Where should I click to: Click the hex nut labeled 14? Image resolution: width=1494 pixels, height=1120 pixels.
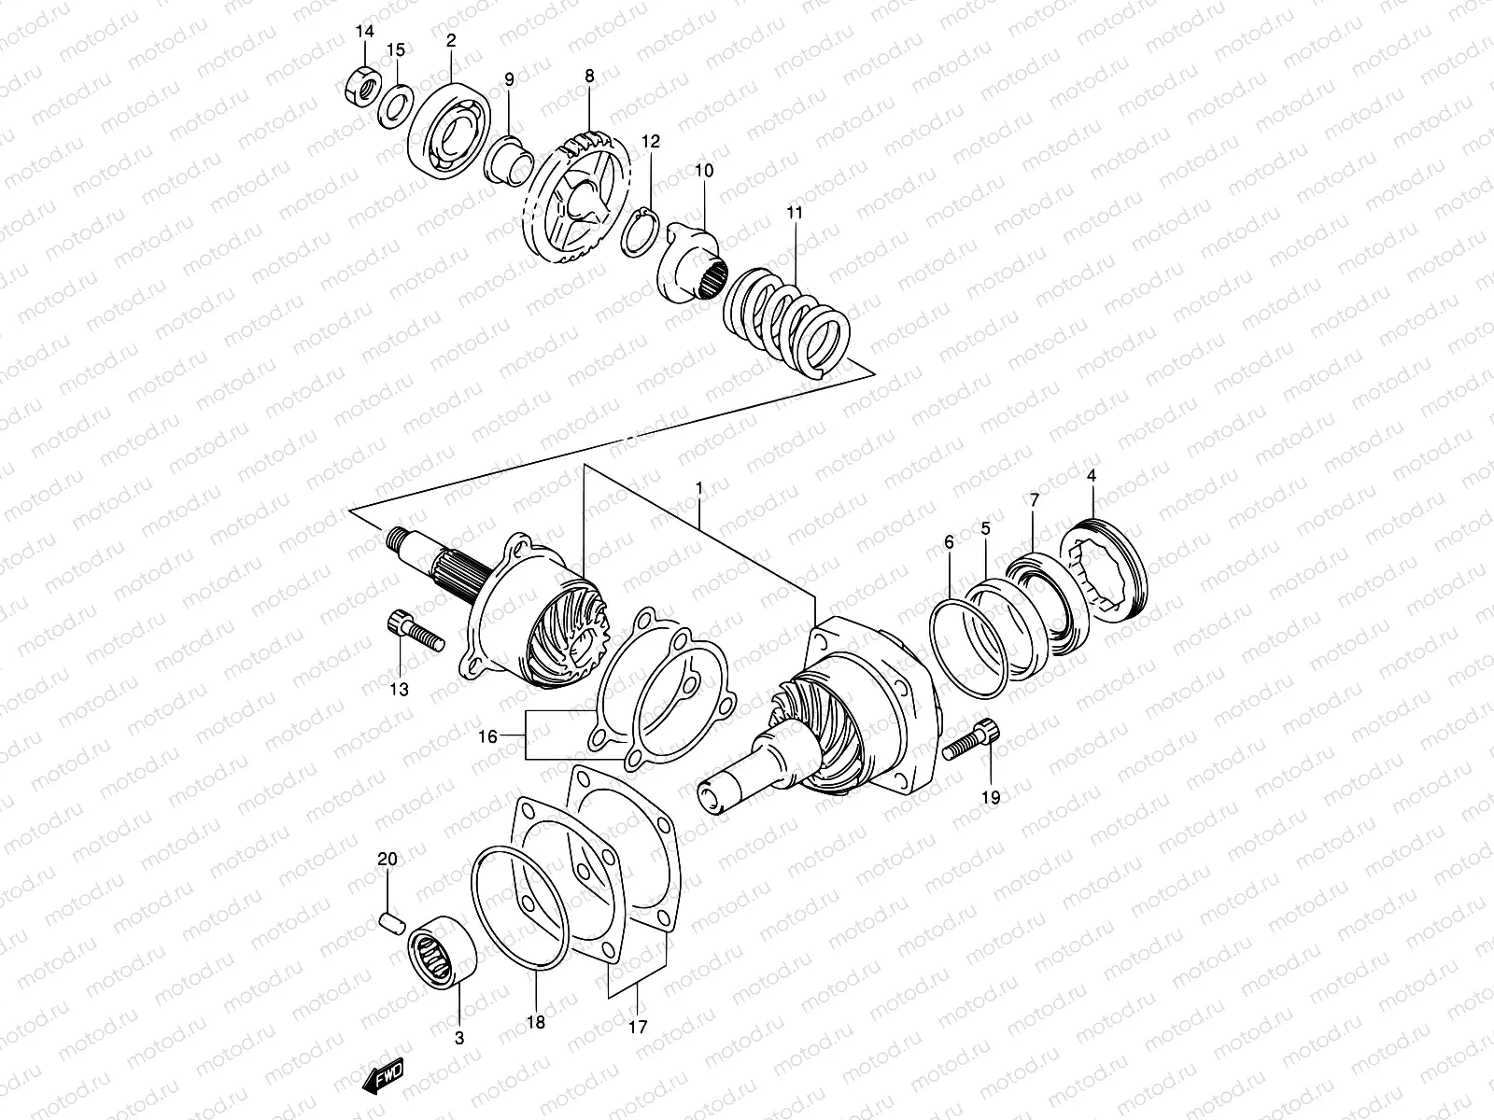tap(358, 87)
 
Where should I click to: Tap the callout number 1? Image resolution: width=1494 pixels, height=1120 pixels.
tap(698, 488)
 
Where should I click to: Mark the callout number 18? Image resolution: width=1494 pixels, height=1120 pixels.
tap(535, 1021)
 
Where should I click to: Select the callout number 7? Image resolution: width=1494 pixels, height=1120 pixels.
tap(1034, 500)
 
